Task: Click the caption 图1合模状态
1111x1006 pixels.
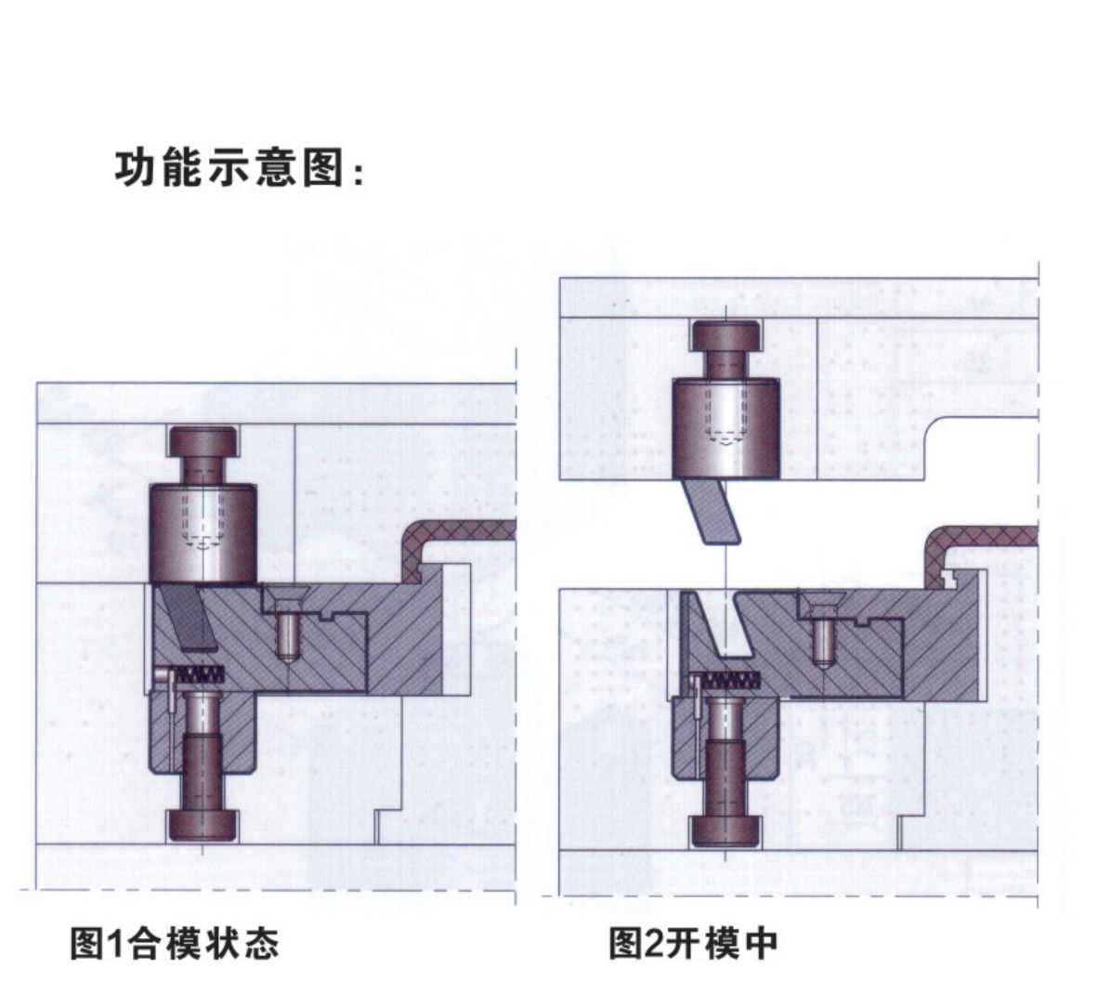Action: [175, 943]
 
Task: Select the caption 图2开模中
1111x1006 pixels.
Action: [693, 943]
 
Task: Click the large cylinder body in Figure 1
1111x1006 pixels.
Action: [203, 534]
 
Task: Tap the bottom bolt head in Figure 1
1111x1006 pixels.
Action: [203, 824]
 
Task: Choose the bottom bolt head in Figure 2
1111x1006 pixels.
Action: [725, 830]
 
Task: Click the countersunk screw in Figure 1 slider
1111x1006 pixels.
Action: [289, 624]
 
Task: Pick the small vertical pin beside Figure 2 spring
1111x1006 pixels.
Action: [696, 699]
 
